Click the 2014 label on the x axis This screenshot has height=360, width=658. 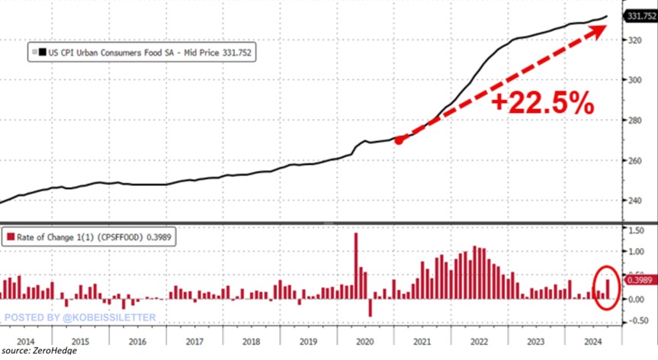[26, 342]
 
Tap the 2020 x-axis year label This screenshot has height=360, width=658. [364, 342]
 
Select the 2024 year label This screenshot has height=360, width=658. [593, 342]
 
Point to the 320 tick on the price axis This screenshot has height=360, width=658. [635, 40]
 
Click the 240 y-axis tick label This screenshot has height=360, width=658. [635, 201]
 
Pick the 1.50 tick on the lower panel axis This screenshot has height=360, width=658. [637, 230]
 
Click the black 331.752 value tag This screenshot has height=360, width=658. [641, 16]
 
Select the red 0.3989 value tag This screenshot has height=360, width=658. [641, 280]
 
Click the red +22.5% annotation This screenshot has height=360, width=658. [543, 102]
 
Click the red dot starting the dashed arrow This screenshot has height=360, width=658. [399, 140]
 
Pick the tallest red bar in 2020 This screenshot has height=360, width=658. [356, 266]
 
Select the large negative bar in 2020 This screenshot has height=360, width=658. [370, 307]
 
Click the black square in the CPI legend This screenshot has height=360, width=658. [43, 53]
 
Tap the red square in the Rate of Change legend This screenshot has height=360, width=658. [11, 237]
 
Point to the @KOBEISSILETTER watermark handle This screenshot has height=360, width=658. [109, 317]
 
